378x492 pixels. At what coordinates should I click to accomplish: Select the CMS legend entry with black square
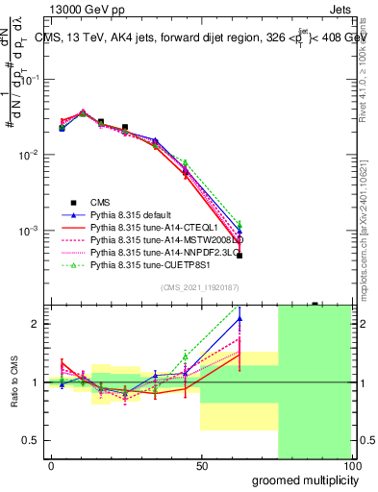pyautogui.click(x=100, y=202)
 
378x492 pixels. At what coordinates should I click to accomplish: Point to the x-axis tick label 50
pyautogui.click(x=201, y=467)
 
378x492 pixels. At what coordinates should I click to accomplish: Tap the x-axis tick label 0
pyautogui.click(x=51, y=467)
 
